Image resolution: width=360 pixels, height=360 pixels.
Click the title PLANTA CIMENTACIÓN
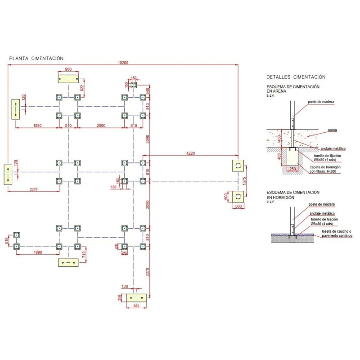click(x=36, y=58)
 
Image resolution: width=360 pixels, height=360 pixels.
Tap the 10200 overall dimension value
click(x=123, y=63)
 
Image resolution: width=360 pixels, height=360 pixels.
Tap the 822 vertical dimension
click(x=82, y=88)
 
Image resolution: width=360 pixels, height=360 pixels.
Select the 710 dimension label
click(x=84, y=255)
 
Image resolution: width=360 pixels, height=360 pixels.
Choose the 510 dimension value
click(x=6, y=241)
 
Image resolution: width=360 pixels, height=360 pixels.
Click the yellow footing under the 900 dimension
click(x=68, y=79)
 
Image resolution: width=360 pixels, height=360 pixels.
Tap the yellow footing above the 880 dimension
click(x=136, y=297)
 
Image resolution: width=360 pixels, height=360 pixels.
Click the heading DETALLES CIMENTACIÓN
click(x=296, y=77)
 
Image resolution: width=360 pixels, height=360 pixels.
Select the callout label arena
click(x=332, y=130)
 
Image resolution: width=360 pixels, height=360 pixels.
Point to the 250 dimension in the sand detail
click(x=293, y=169)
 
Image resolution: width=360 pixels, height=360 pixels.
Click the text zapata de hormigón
click(x=325, y=167)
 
